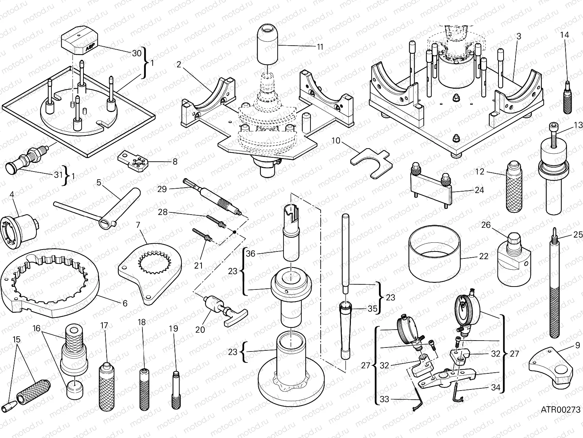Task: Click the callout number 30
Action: pos(136,53)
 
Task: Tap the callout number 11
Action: pos(320,47)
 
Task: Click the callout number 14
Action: pos(564,35)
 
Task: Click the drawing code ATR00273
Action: pos(560,410)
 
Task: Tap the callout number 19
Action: pos(174,328)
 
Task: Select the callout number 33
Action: pos(384,400)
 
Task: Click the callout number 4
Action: pos(12,194)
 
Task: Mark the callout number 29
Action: pos(162,189)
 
